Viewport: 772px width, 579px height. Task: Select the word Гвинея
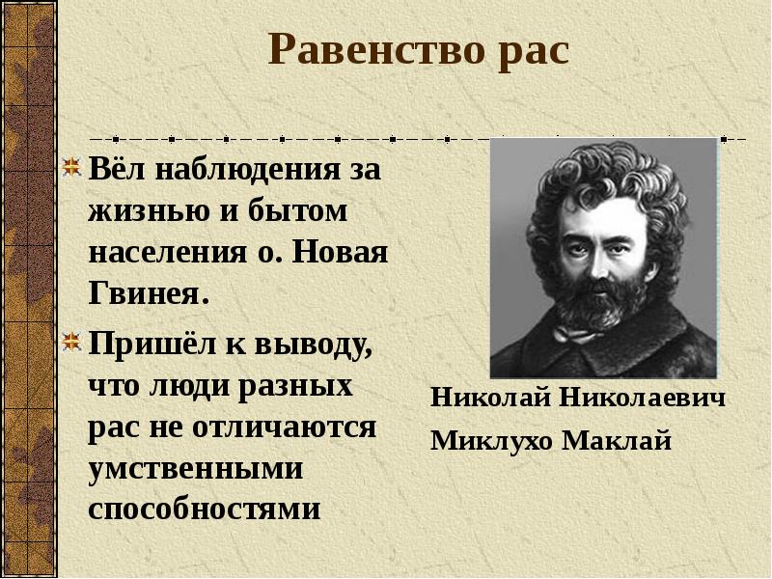148,294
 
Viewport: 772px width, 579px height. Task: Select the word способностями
204,509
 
